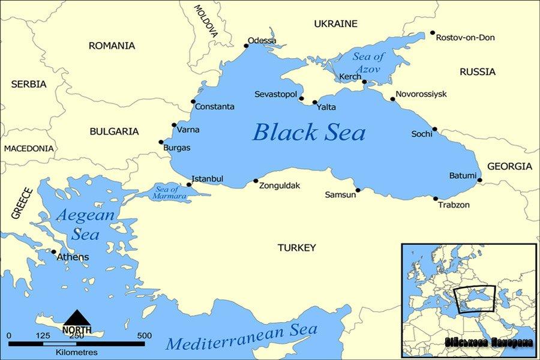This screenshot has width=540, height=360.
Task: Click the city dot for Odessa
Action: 246,46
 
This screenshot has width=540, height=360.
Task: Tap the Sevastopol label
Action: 275,95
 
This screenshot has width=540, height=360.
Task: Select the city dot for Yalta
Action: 314,103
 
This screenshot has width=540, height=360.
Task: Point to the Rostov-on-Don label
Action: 465,37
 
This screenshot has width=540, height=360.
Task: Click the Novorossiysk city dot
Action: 393,99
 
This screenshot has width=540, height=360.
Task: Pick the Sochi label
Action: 421,134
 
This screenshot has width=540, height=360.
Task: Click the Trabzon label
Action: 454,205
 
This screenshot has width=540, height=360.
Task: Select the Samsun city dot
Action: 358,190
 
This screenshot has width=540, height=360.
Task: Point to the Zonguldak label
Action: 279,186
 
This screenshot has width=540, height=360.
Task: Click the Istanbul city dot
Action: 189,184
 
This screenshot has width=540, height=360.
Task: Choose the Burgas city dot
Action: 161,142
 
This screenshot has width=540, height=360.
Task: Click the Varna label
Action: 188,130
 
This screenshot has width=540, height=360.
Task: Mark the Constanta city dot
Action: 193,101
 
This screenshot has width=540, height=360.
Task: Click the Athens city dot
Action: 54,252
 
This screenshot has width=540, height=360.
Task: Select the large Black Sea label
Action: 308,132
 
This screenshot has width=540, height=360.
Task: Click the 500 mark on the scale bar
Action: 144,335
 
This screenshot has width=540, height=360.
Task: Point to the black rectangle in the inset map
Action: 475,299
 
